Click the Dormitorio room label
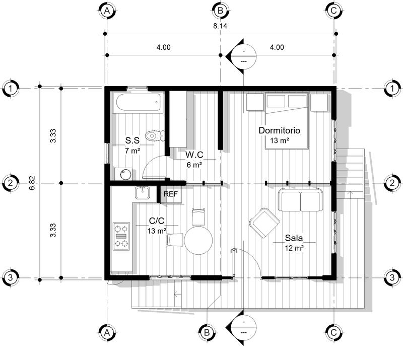point(279,130)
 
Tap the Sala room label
point(294,238)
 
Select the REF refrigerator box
point(172,195)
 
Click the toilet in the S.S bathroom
point(154,135)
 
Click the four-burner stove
point(121,236)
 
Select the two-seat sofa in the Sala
point(301,201)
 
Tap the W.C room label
point(193,155)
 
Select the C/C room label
point(157,221)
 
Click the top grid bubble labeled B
point(221,10)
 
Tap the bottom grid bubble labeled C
point(334,332)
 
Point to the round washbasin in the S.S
point(124,173)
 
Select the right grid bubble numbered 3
point(392,277)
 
